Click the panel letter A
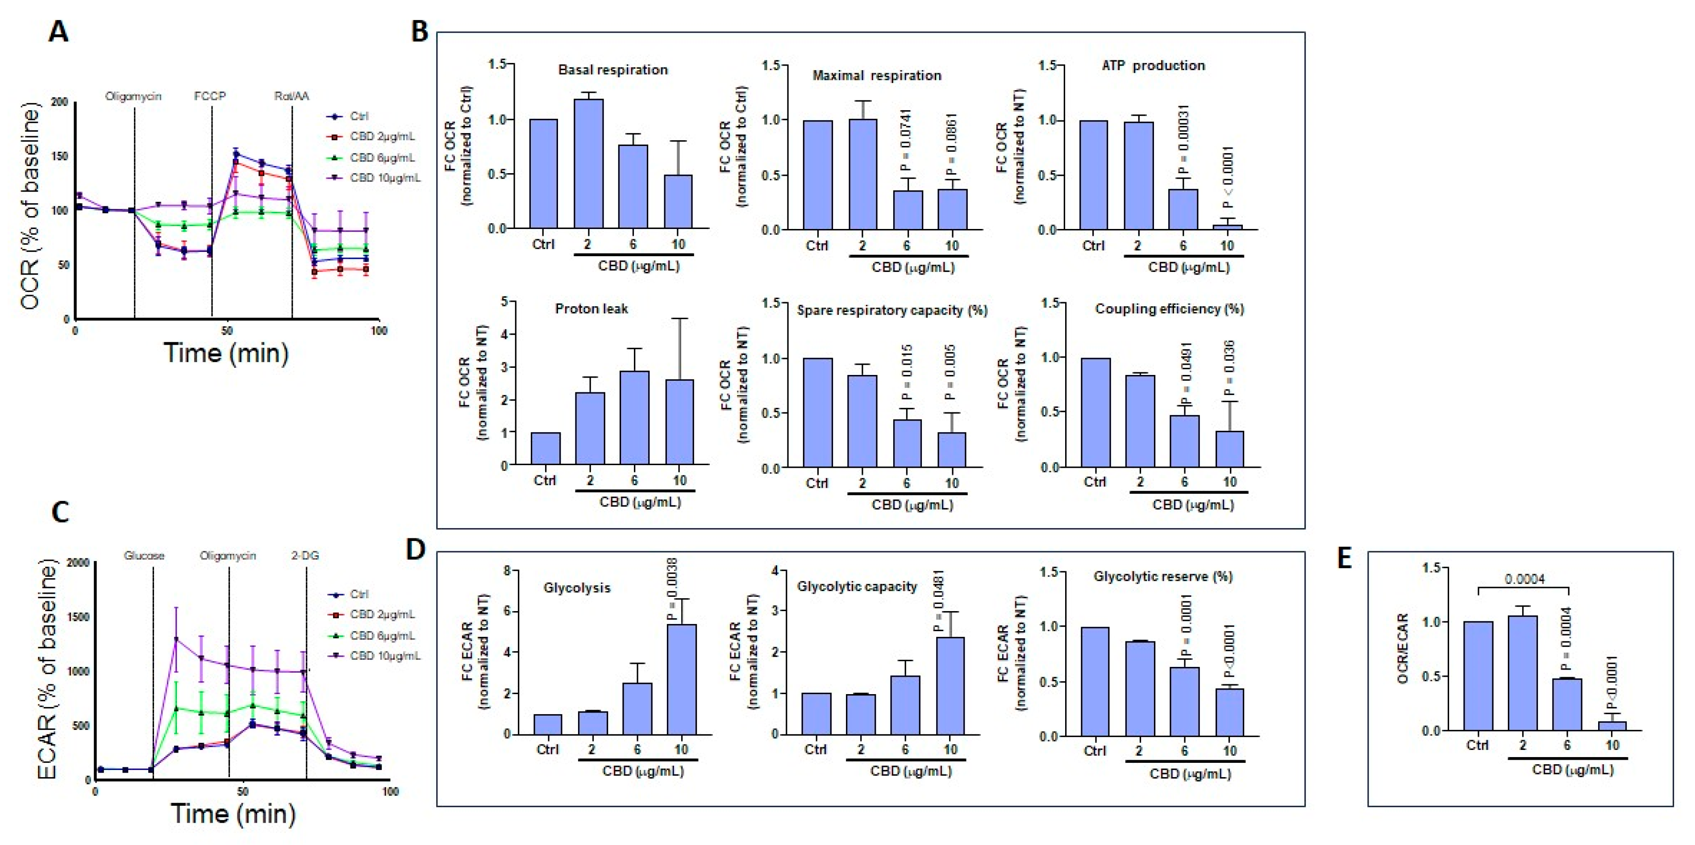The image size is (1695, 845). tap(58, 32)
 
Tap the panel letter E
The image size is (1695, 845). tap(1344, 558)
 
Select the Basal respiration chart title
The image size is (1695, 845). tap(612, 70)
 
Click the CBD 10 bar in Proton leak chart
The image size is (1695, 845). tap(679, 421)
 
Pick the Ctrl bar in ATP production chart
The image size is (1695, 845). tap(1093, 175)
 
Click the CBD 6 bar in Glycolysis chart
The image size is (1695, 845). tap(637, 709)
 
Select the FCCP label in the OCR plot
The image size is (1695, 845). tap(210, 96)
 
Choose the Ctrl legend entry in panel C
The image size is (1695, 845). tap(358, 594)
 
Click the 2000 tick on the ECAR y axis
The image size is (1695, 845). tap(78, 563)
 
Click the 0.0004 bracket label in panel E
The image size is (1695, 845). tap(1524, 579)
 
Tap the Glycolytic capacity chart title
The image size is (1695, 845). tap(857, 587)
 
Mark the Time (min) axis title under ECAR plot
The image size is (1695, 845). tap(233, 814)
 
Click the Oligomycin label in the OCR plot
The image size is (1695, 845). tap(133, 96)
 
